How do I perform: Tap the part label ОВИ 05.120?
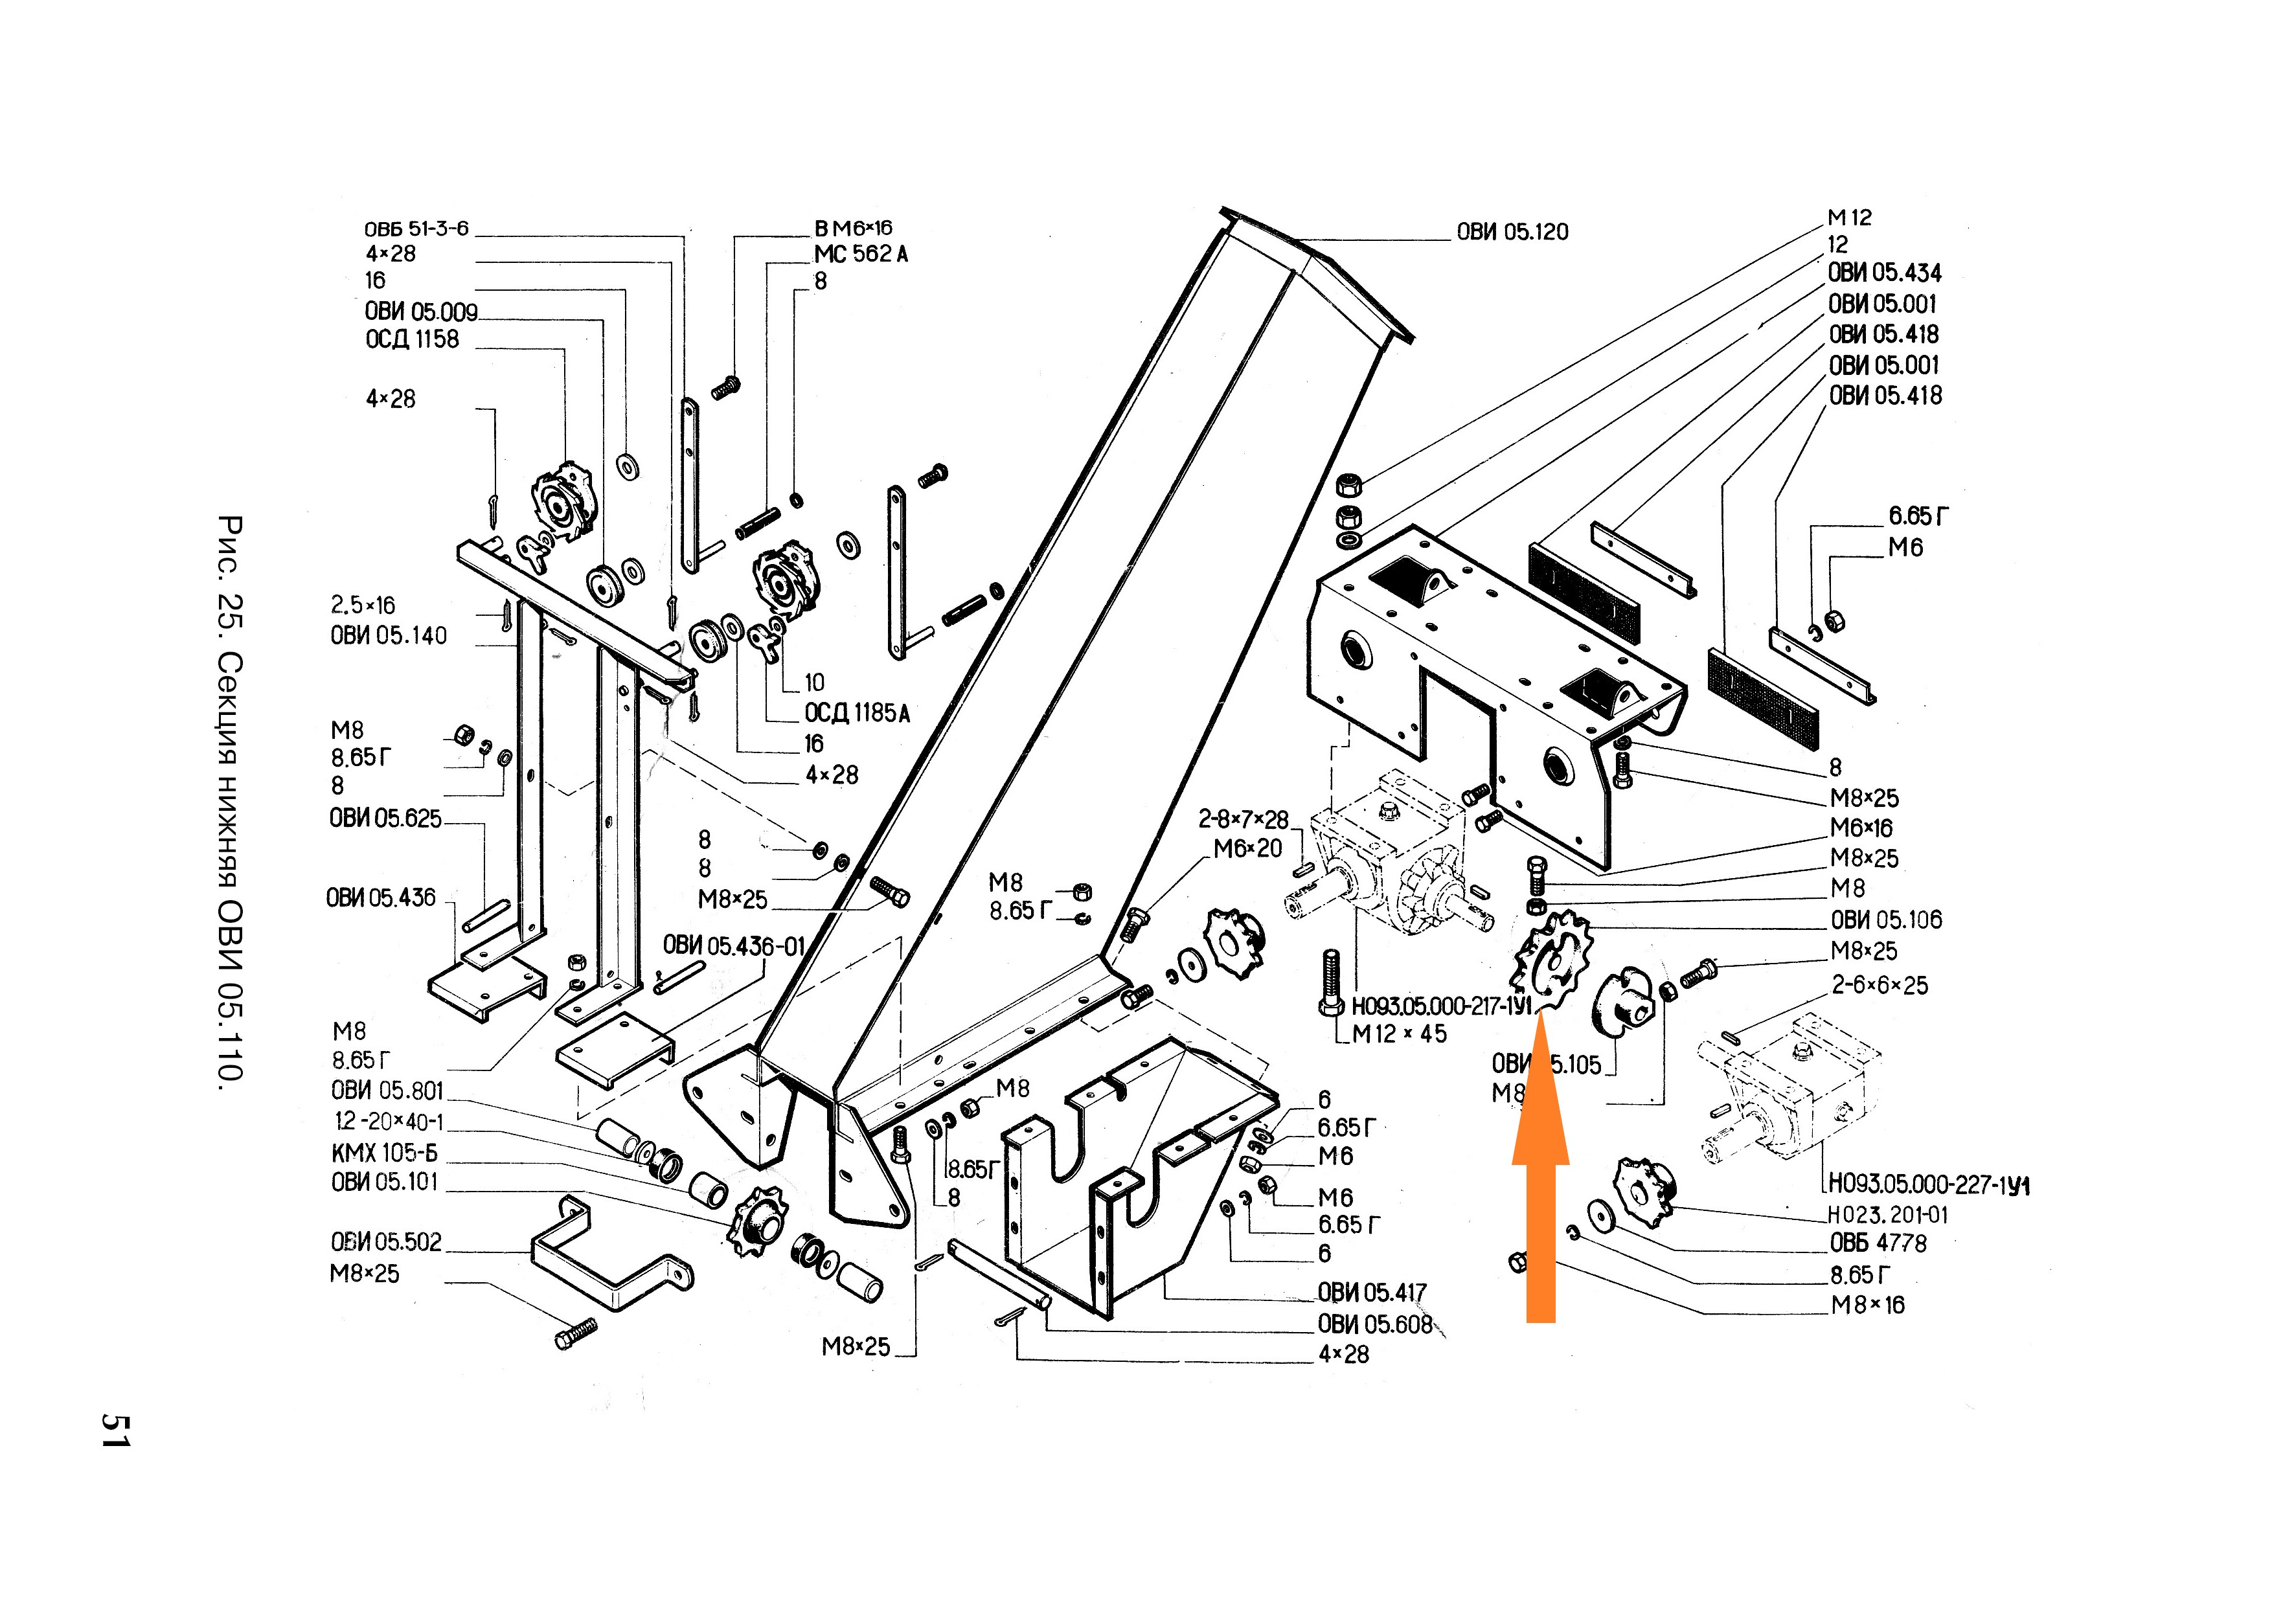[x=1512, y=232]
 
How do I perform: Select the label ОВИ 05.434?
[x=1884, y=273]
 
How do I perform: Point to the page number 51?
[x=115, y=1430]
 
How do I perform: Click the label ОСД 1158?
[x=412, y=339]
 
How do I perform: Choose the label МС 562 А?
[x=860, y=254]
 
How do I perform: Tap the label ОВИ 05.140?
[x=388, y=635]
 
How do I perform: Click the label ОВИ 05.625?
[x=385, y=819]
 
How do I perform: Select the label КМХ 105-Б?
[x=384, y=1153]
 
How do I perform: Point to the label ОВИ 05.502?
[x=386, y=1242]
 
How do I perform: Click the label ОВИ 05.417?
[x=1372, y=1293]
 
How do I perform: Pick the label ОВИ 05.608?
[x=1374, y=1324]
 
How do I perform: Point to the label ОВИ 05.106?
[x=1885, y=920]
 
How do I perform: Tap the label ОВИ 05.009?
[x=420, y=311]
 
